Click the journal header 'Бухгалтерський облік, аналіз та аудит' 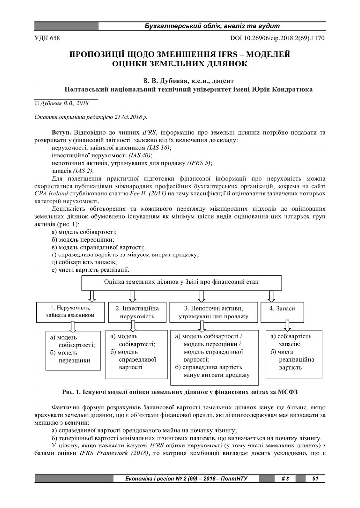(212, 26)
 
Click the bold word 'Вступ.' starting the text (62, 134)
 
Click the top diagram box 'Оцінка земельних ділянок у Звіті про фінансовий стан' (181, 282)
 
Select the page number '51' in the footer (315, 479)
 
